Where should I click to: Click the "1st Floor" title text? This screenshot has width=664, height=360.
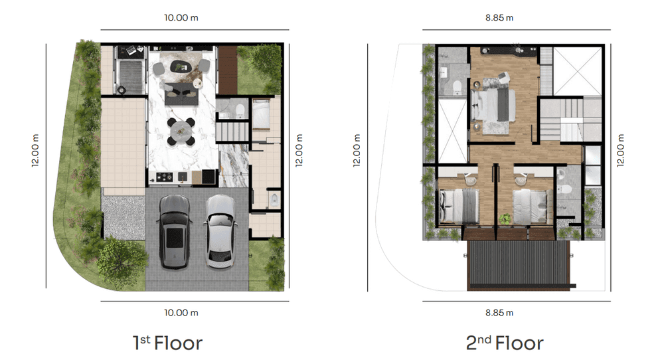[168, 343]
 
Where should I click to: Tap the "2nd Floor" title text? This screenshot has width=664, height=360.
[505, 343]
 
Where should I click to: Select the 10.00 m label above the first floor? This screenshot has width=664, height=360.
[181, 18]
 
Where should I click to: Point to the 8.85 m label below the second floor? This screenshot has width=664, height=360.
[499, 313]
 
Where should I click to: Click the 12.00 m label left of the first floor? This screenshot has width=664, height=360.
[35, 150]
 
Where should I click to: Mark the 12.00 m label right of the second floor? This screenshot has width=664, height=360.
[620, 150]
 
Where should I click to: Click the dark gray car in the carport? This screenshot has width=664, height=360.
[174, 232]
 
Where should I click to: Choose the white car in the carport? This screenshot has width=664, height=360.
[220, 231]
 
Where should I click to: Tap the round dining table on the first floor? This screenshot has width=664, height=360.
[181, 132]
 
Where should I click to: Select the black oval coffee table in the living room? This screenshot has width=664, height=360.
[181, 66]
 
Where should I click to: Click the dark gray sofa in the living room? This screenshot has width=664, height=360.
[181, 94]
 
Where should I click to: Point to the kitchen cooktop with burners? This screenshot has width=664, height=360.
[164, 177]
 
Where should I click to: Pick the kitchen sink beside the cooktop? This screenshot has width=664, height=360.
[183, 177]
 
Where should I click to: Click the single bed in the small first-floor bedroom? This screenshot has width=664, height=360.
[261, 114]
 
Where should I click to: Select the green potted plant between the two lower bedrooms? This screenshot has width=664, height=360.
[505, 219]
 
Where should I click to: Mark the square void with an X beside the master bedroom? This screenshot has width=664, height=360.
[578, 71]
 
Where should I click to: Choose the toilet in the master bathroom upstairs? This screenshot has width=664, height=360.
[457, 88]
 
